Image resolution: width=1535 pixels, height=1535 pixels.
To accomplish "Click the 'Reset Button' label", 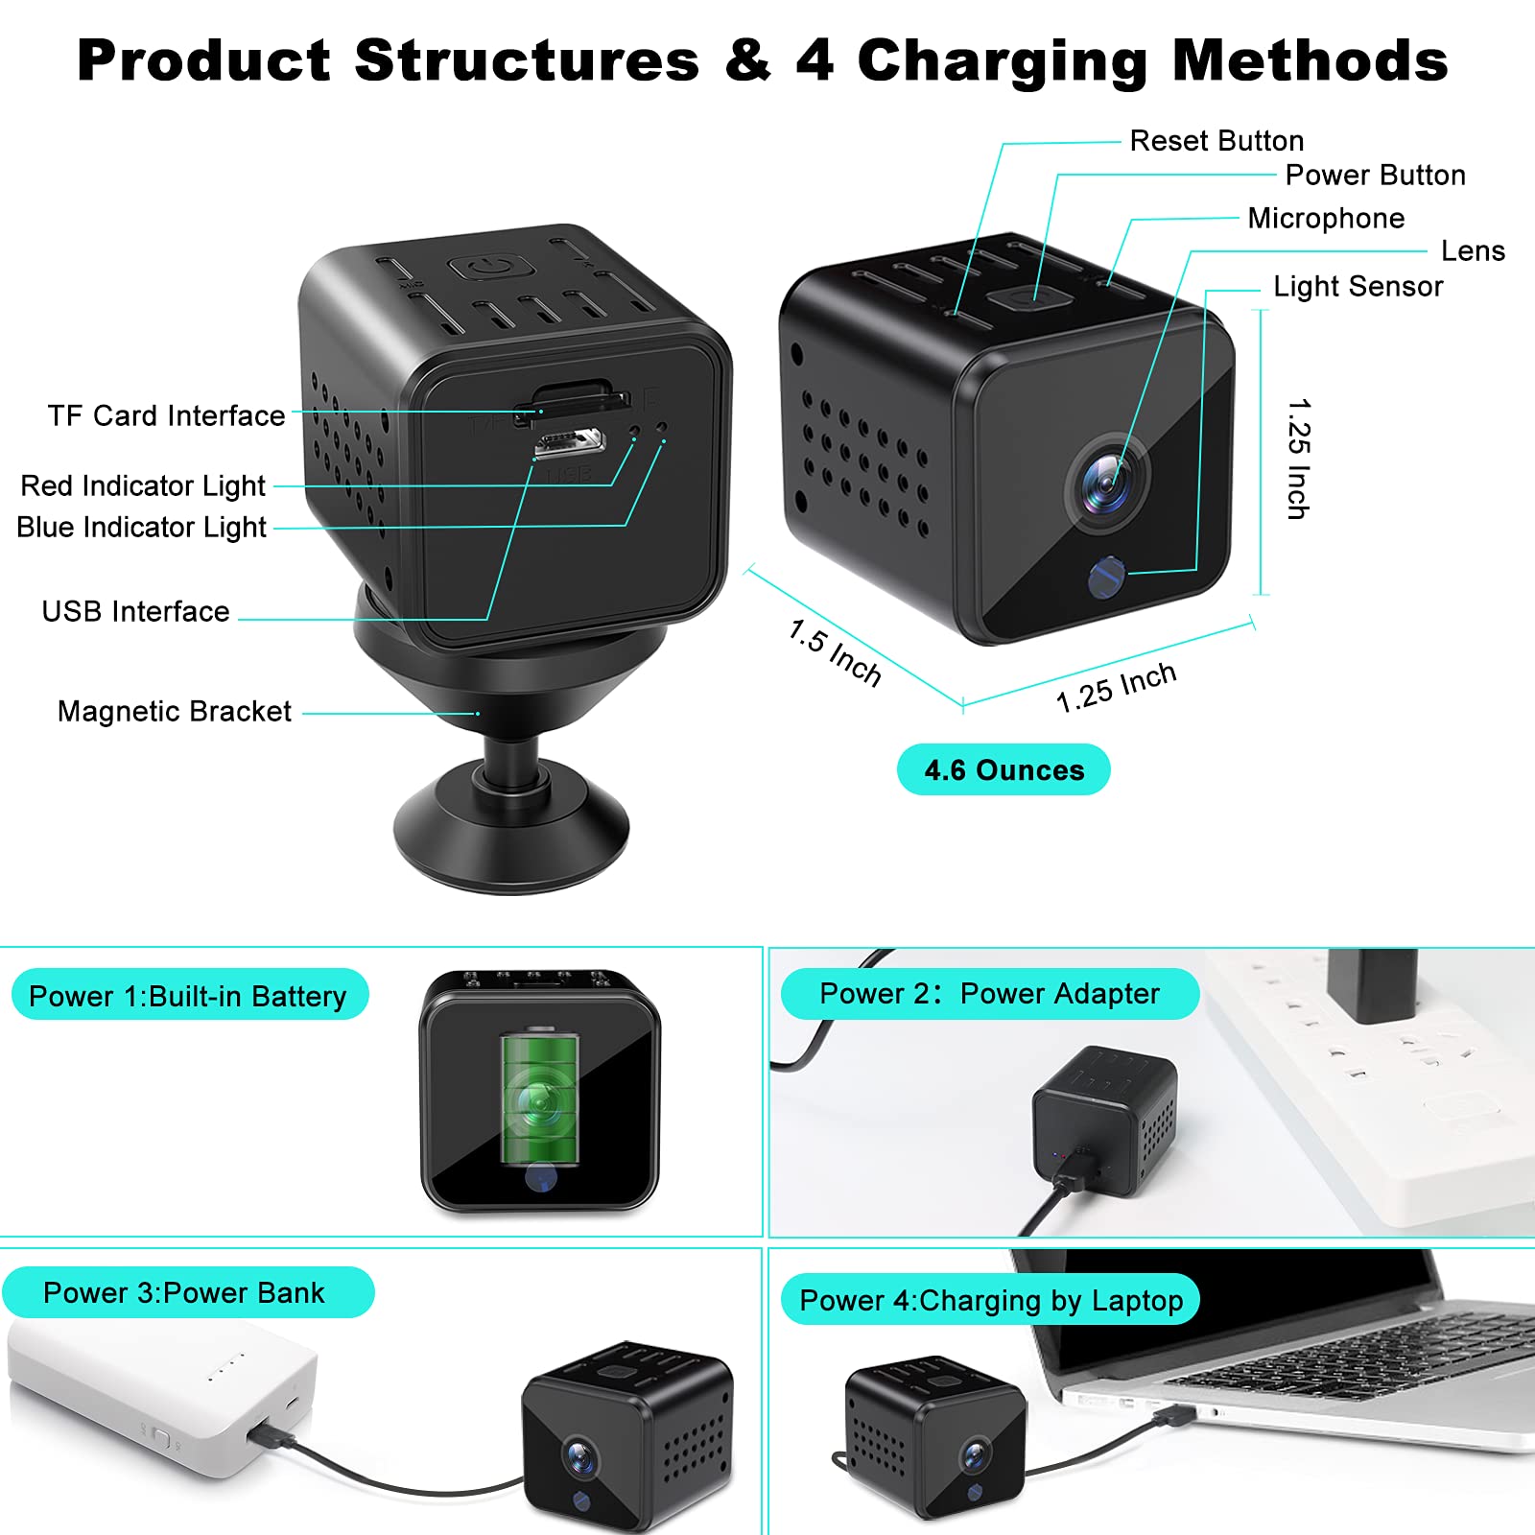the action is click(x=1216, y=141).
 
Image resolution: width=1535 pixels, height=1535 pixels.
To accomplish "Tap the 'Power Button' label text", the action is click(x=1375, y=176).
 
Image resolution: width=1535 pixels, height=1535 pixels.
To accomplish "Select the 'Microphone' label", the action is click(x=1326, y=219).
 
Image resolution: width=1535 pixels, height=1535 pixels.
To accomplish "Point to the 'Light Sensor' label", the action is click(x=1358, y=287).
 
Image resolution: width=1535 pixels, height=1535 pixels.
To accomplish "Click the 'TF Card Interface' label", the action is click(x=166, y=416).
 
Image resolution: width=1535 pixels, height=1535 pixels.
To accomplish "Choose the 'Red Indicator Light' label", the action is click(x=143, y=486).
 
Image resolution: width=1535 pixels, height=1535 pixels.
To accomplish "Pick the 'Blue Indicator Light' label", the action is click(x=141, y=528).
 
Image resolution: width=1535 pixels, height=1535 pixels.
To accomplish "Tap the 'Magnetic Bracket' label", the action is click(x=174, y=711).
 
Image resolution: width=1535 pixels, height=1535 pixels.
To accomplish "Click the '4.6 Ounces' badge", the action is click(x=1004, y=769).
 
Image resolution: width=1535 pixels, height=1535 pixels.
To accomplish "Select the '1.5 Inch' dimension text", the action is click(x=834, y=652).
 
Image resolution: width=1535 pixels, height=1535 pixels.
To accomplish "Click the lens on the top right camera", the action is click(x=1106, y=482).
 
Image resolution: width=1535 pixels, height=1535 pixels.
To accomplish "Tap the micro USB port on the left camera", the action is click(x=569, y=442).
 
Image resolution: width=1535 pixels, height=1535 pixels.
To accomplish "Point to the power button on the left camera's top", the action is click(x=491, y=266).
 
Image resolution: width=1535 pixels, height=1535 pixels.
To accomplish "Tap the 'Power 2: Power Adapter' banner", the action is click(x=990, y=994).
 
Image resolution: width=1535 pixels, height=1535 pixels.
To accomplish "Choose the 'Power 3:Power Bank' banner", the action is click(x=188, y=1292).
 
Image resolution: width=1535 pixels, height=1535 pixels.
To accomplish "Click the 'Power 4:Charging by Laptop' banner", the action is click(x=991, y=1300).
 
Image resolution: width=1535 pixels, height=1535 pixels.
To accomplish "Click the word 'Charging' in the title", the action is click(x=1002, y=62).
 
